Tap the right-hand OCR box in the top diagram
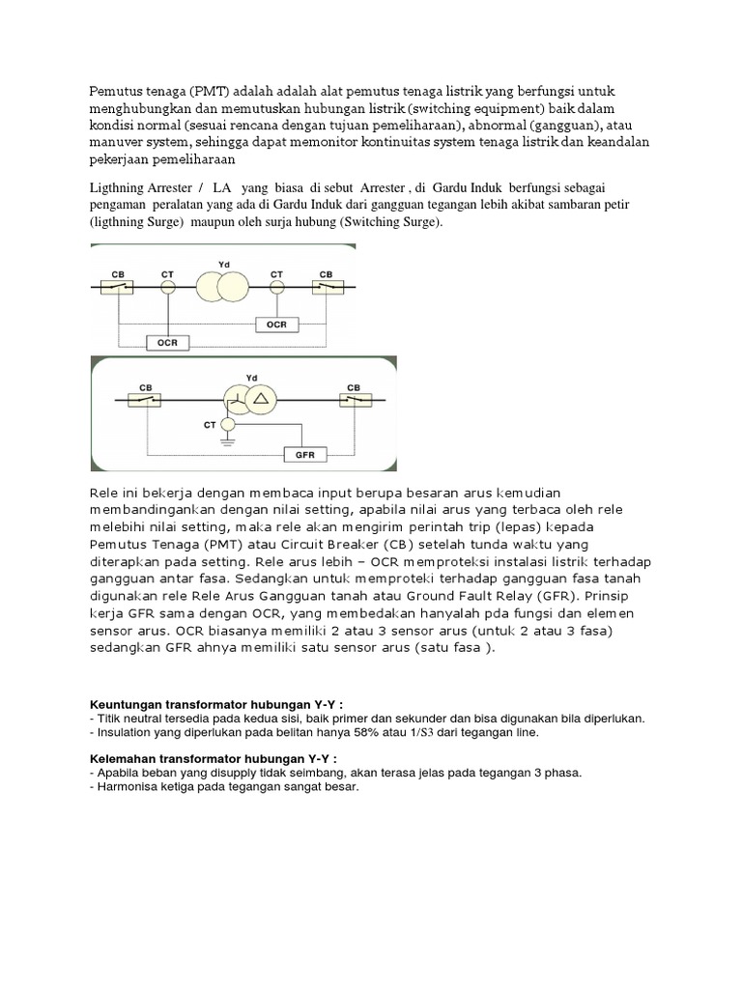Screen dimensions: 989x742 click(277, 325)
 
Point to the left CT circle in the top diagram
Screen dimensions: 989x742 click(167, 287)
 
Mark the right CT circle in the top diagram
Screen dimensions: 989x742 click(277, 287)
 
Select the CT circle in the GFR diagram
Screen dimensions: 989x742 click(228, 424)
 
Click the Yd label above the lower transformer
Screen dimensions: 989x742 click(252, 377)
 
